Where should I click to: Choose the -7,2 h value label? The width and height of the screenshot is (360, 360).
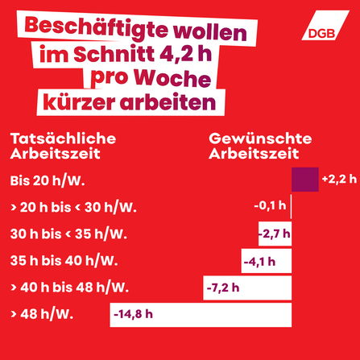(x=224, y=288)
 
